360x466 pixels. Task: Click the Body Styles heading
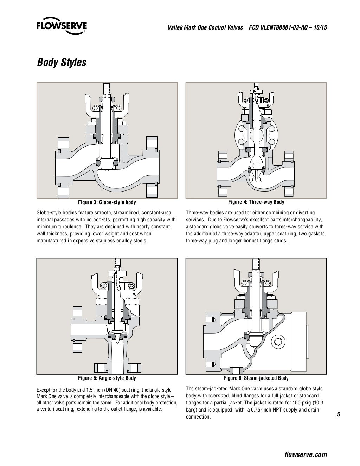pyautogui.click(x=62, y=63)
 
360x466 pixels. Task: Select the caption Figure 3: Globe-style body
pyautogui.click(x=107, y=203)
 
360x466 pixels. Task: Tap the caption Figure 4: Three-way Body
pyautogui.click(x=256, y=202)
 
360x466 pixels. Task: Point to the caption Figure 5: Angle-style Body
pyautogui.click(x=107, y=378)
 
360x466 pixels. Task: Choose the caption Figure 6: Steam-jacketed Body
pyautogui.click(x=256, y=378)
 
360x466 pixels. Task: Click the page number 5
pyautogui.click(x=338, y=415)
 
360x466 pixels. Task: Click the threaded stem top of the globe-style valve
pyautogui.click(x=107, y=88)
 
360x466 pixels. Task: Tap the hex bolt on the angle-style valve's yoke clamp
pyautogui.click(x=132, y=286)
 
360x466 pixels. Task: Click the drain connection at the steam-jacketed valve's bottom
pyautogui.click(x=236, y=370)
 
